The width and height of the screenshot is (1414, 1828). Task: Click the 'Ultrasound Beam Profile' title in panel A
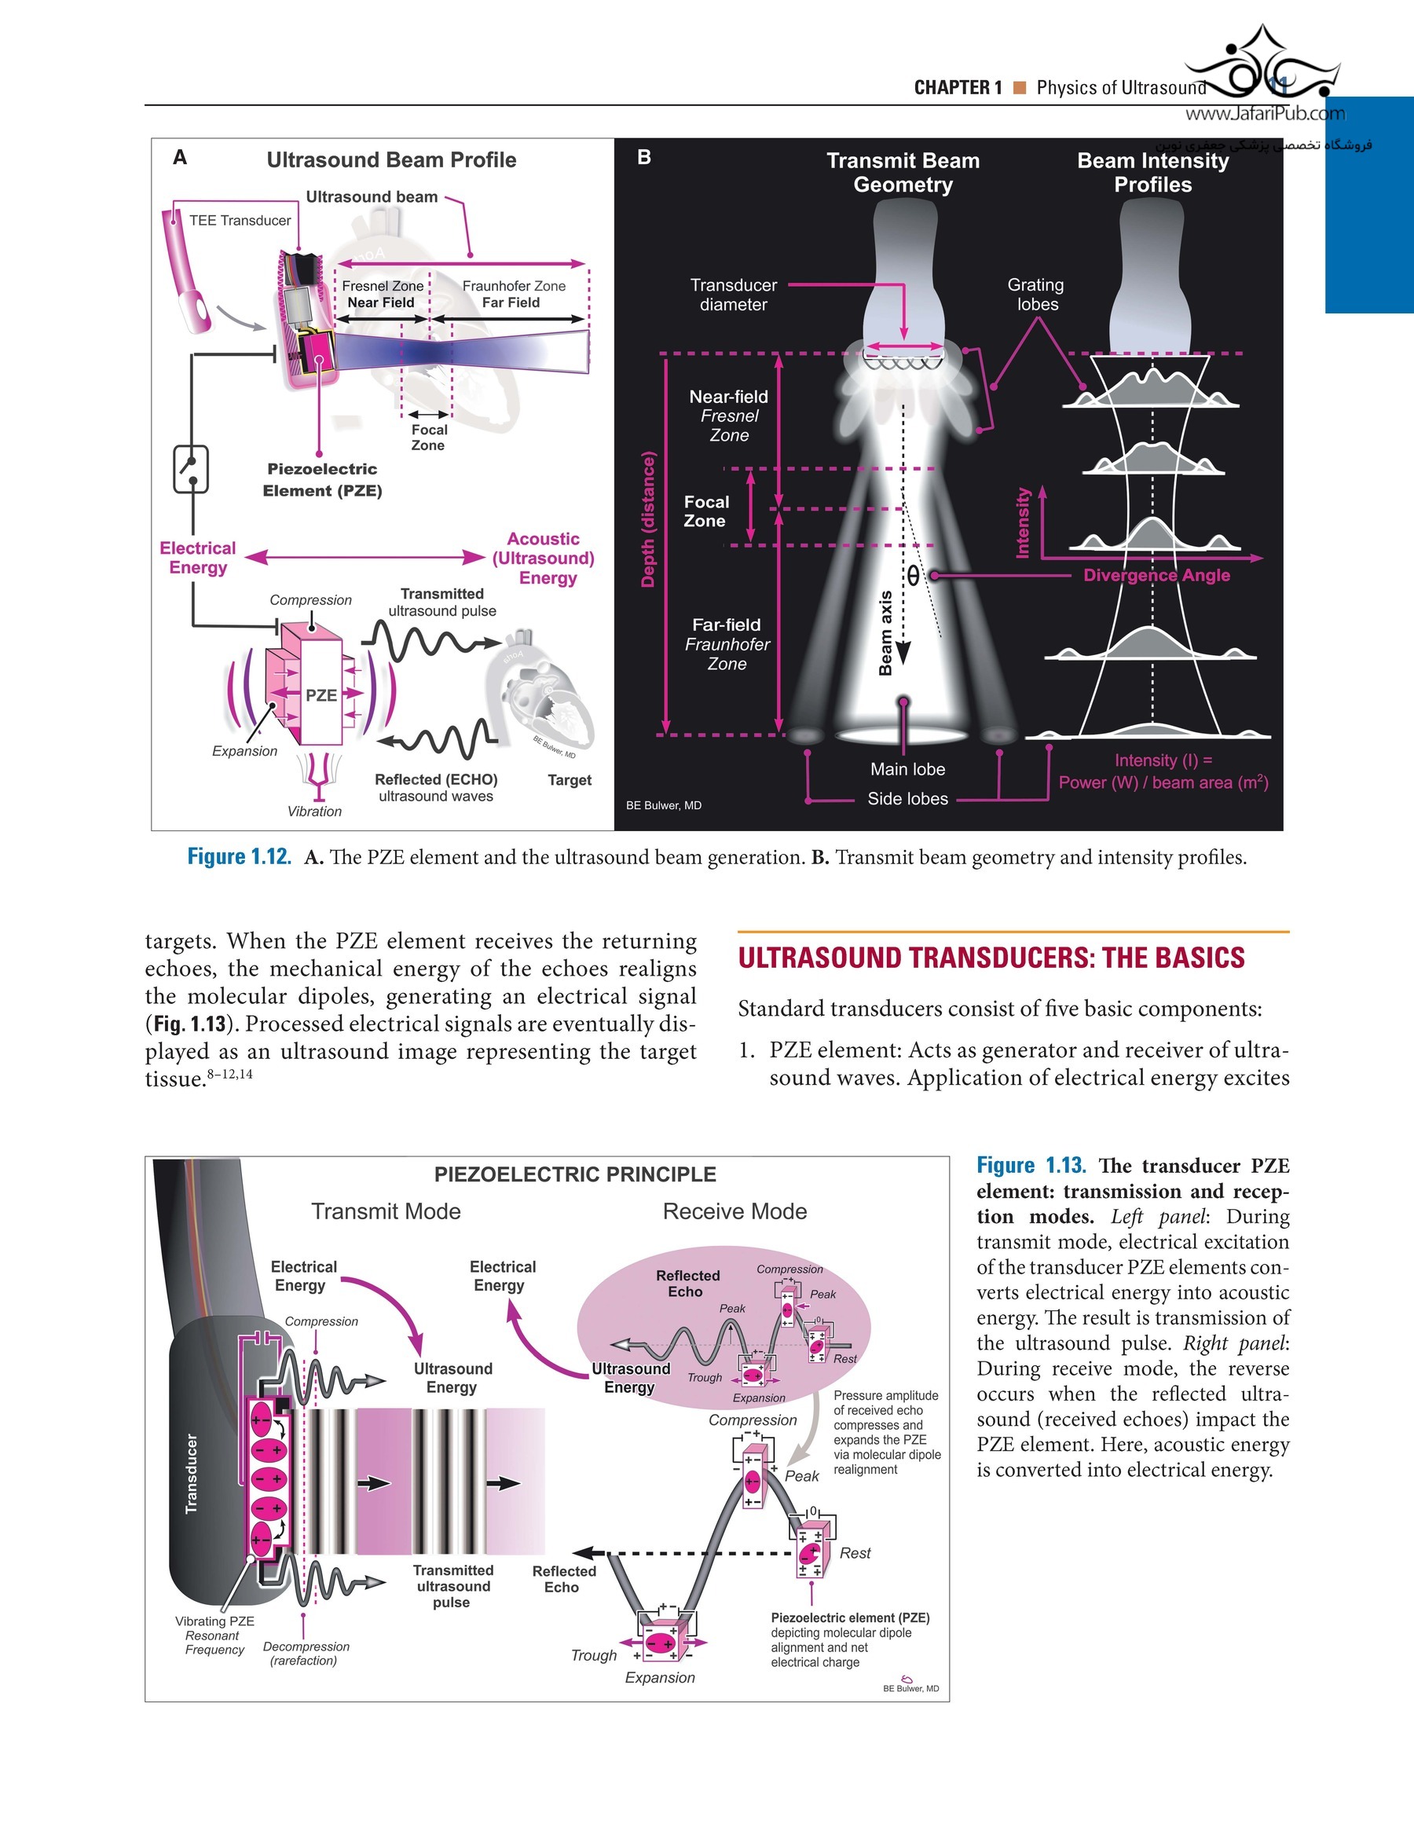tap(391, 160)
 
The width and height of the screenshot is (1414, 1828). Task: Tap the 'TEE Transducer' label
tap(240, 220)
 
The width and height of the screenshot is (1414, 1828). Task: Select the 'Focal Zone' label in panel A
tap(429, 437)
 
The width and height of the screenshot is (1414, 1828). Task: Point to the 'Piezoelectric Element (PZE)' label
tap(322, 480)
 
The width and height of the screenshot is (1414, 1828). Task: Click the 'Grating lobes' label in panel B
tap(1036, 295)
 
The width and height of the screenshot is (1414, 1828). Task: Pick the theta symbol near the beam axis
tap(913, 575)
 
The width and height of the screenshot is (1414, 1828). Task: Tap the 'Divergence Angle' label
tap(1156, 575)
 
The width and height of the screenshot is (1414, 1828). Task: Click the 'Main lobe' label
tap(907, 769)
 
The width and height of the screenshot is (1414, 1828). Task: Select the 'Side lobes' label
tap(907, 798)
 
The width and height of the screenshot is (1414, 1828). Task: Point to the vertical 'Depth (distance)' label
tap(648, 519)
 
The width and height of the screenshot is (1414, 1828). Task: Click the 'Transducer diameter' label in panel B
tap(734, 295)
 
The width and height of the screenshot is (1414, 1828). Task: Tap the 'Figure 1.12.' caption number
tap(239, 857)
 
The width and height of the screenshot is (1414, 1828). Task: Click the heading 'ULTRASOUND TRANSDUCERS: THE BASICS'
tap(991, 958)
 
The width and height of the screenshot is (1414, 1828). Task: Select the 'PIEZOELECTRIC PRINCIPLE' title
tap(575, 1174)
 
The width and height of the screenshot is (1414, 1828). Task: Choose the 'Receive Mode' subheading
tap(734, 1211)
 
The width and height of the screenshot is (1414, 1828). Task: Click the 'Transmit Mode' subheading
tap(386, 1211)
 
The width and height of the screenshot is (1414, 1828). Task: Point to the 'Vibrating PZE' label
tap(214, 1621)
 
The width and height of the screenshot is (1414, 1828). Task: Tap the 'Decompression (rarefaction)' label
tap(306, 1653)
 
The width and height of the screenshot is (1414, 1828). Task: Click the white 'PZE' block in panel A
tap(321, 694)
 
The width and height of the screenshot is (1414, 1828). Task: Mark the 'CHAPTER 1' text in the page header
tap(958, 88)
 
